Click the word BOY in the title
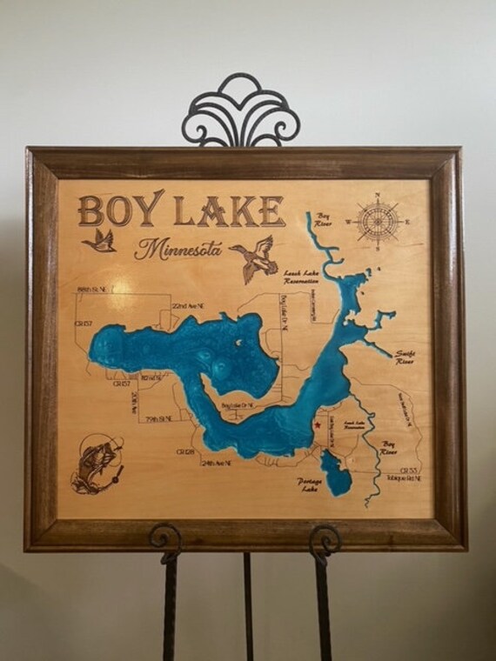point(120,210)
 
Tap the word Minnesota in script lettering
point(178,249)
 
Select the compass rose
point(378,221)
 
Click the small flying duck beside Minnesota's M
point(99,240)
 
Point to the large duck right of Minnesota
point(254,258)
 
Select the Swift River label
point(405,357)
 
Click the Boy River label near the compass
point(325,220)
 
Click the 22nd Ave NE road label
point(189,306)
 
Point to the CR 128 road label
point(185,451)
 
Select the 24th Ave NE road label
point(216,463)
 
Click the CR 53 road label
point(410,471)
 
